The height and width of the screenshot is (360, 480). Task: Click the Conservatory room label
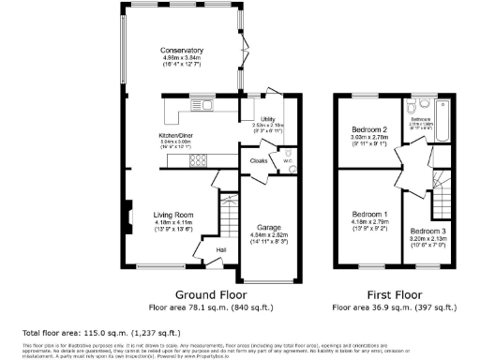point(182,50)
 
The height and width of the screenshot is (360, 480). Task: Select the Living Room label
point(173,215)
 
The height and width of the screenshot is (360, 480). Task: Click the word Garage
point(269,227)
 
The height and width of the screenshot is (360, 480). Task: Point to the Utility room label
point(267,119)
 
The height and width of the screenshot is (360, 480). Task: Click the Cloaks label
point(259,160)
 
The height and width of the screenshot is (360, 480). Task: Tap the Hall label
point(221,249)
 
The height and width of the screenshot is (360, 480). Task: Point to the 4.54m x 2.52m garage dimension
point(269,234)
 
